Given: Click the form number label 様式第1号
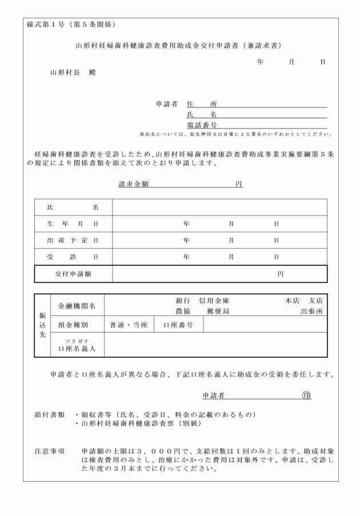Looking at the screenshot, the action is pos(46,25).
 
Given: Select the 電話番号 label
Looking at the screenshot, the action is pos(202,125).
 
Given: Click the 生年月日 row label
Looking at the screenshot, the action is pos(73,224).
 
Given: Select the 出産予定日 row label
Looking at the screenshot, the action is pos(73,241).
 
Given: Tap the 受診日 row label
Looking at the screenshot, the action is pos(73,257).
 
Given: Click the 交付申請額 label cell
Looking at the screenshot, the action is pos(73,274).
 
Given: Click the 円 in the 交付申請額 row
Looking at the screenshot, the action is pos(281,274).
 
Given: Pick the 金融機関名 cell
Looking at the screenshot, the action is pos(77,306).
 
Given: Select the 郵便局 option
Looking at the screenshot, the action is pos(218,311).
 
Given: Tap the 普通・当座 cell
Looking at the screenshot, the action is pos(129,325).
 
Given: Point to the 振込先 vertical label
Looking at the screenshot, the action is pos(42,325).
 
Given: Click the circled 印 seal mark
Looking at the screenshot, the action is pos(306,395).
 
